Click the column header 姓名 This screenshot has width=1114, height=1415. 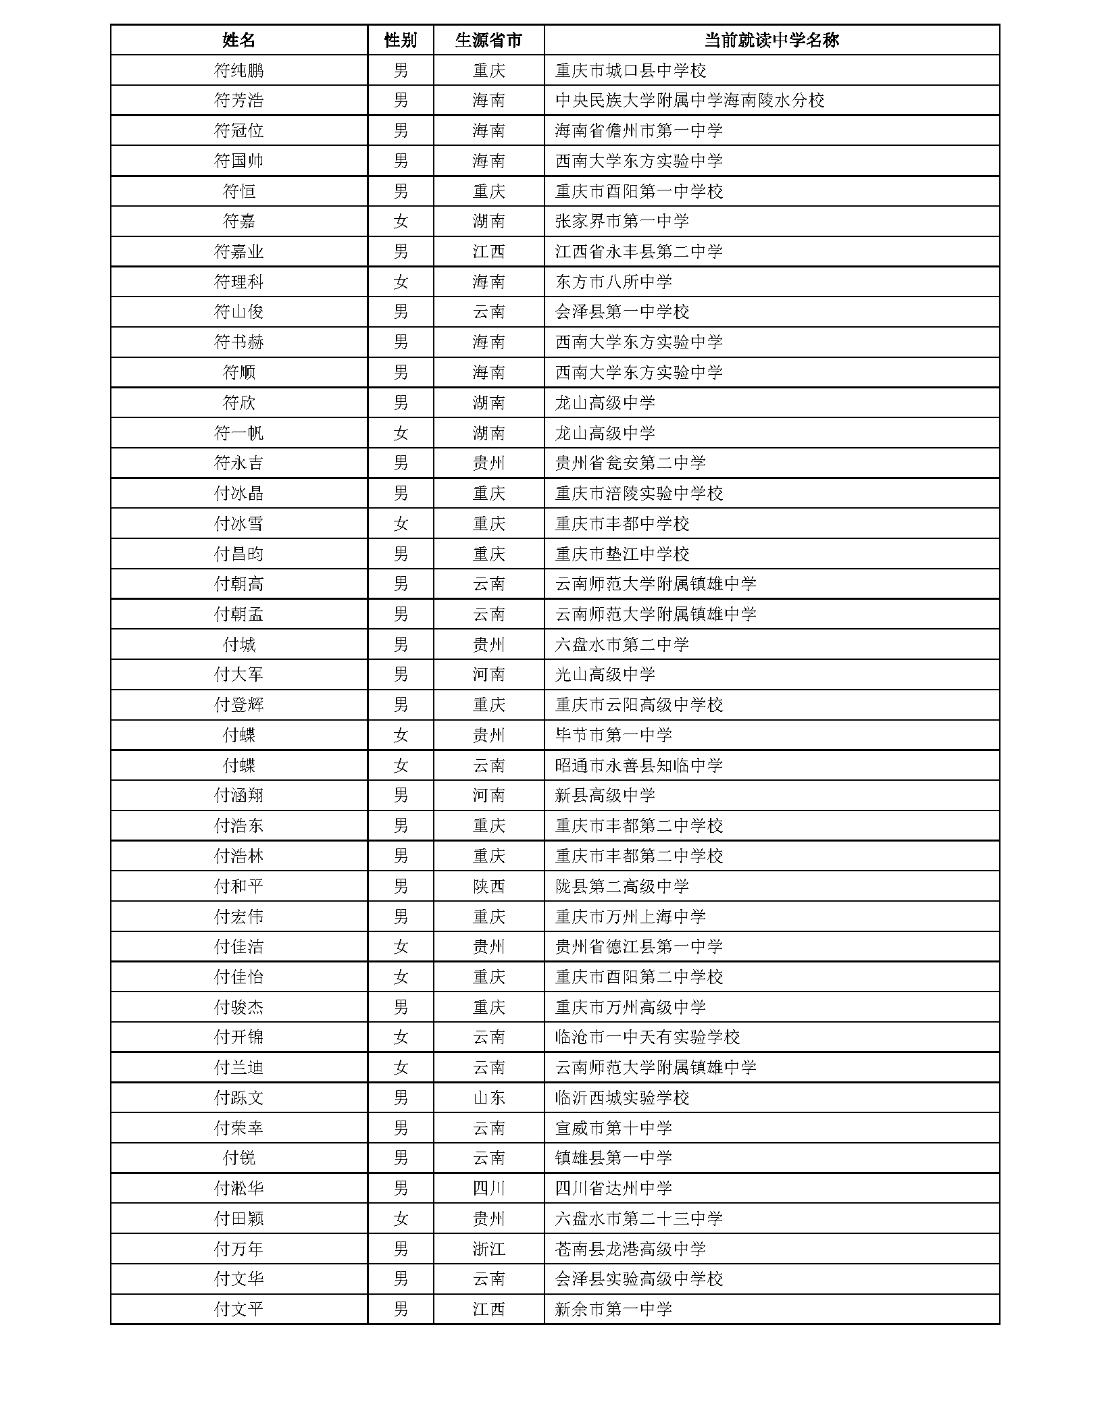(x=238, y=40)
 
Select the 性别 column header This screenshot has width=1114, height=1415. (x=401, y=40)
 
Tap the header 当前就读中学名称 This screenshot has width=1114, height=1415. (x=771, y=40)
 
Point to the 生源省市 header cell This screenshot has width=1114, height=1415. (x=488, y=40)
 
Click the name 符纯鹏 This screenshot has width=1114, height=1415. (x=238, y=70)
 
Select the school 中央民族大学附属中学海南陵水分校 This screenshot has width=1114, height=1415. (x=690, y=101)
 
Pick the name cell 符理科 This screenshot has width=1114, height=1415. (x=238, y=282)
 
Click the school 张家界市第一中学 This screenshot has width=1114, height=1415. (x=622, y=222)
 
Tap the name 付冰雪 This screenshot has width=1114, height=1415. (x=238, y=523)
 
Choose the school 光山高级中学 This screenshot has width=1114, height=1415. (x=605, y=675)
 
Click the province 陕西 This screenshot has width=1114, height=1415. (x=488, y=886)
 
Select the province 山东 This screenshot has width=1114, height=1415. (x=488, y=1098)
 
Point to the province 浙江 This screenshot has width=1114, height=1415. (x=488, y=1250)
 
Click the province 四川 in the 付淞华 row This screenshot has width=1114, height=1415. (x=488, y=1189)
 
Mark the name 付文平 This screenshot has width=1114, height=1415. (x=238, y=1310)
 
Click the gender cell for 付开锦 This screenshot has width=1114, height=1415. (x=401, y=1037)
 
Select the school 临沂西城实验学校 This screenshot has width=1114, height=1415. (x=622, y=1098)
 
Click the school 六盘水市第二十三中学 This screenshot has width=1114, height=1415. (x=638, y=1219)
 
